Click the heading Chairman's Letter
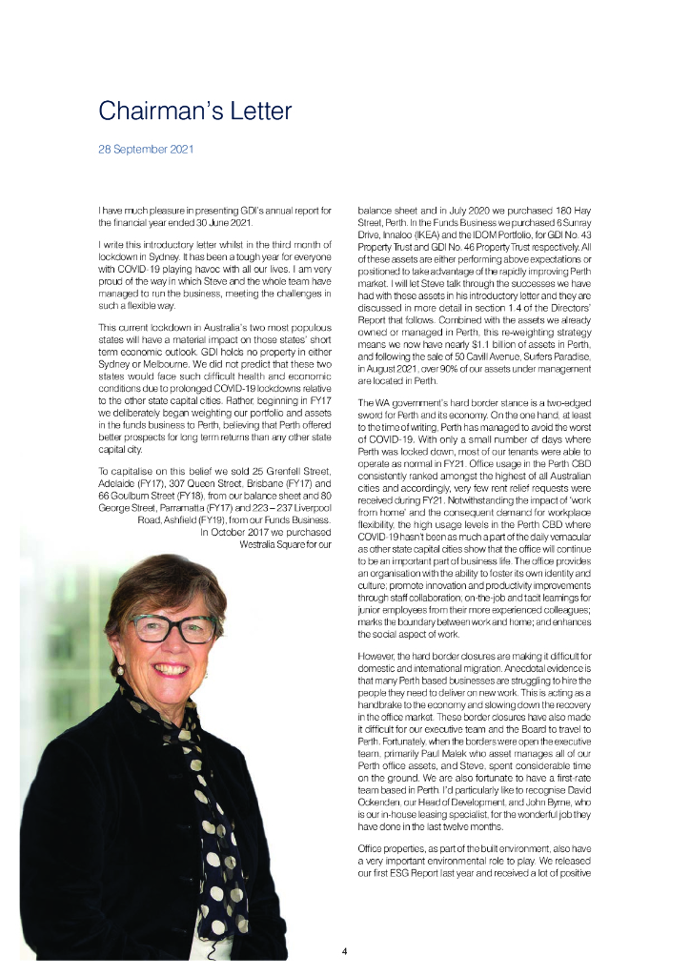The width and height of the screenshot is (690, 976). coord(195,112)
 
